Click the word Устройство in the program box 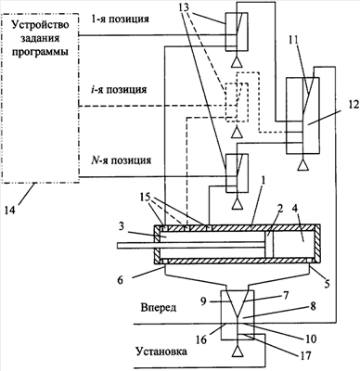click(x=40, y=25)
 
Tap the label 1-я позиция click(x=121, y=19)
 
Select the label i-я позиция click(x=120, y=90)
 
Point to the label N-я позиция click(x=122, y=160)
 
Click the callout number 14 click(x=11, y=210)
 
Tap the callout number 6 click(x=120, y=280)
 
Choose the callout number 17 click(x=305, y=352)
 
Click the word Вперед click(x=159, y=308)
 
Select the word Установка click(x=161, y=352)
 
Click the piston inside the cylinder click(x=269, y=244)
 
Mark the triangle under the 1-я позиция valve click(x=237, y=62)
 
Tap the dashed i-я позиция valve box click(x=237, y=102)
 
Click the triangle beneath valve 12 click(x=302, y=165)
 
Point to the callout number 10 click(x=311, y=339)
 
